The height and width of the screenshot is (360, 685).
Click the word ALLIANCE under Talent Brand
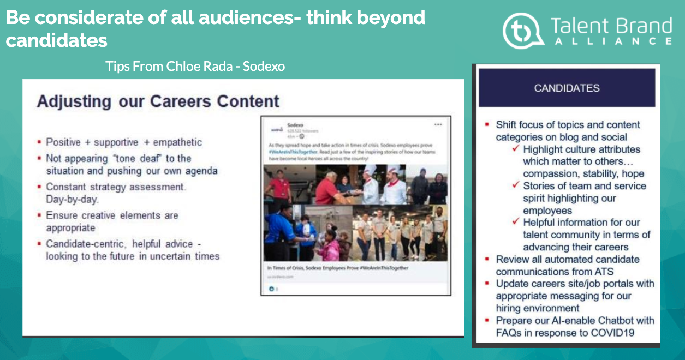(x=611, y=41)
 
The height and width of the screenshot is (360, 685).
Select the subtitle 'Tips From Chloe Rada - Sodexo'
(x=195, y=67)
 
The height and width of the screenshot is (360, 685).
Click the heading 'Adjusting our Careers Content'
(x=158, y=101)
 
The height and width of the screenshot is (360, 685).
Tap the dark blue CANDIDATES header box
(x=567, y=88)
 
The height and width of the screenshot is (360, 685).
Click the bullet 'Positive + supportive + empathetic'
(x=124, y=142)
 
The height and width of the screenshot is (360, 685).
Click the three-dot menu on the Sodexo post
(x=438, y=124)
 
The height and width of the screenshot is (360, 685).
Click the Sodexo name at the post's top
(x=295, y=125)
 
